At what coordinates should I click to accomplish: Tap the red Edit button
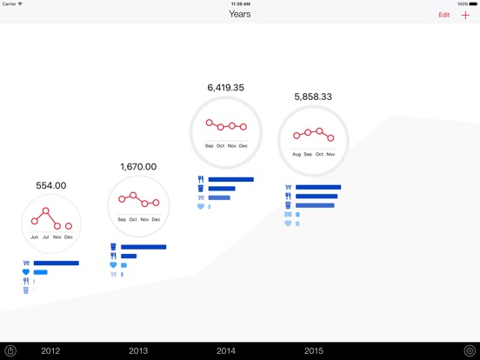coord(443,15)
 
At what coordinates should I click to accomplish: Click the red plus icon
coord(465,15)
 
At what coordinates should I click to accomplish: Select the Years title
coord(240,14)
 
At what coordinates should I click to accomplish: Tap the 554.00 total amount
coord(51,185)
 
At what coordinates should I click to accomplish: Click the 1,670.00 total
coord(138,167)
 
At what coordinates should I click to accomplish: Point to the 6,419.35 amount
coord(226,88)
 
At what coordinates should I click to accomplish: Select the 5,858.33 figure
coord(313,97)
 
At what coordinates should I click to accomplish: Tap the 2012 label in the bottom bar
coord(50,350)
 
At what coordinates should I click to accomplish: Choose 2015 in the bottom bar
coord(314,350)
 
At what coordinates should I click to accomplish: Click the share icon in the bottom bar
coord(10,350)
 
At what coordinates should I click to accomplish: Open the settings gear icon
coord(470,350)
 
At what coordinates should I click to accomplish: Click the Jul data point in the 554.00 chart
coord(45,210)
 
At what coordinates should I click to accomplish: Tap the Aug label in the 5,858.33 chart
coord(297,154)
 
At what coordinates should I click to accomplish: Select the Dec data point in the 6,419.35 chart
coord(243,127)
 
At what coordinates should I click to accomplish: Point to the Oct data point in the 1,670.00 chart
coord(133,196)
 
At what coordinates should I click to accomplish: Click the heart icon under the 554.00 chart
coord(26,272)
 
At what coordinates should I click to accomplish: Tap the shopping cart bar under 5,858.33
coord(318,187)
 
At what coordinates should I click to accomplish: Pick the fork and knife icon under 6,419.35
coord(201,179)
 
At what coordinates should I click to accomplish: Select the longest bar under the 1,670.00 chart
coord(143,247)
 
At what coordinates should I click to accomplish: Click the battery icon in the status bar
coord(473,4)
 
